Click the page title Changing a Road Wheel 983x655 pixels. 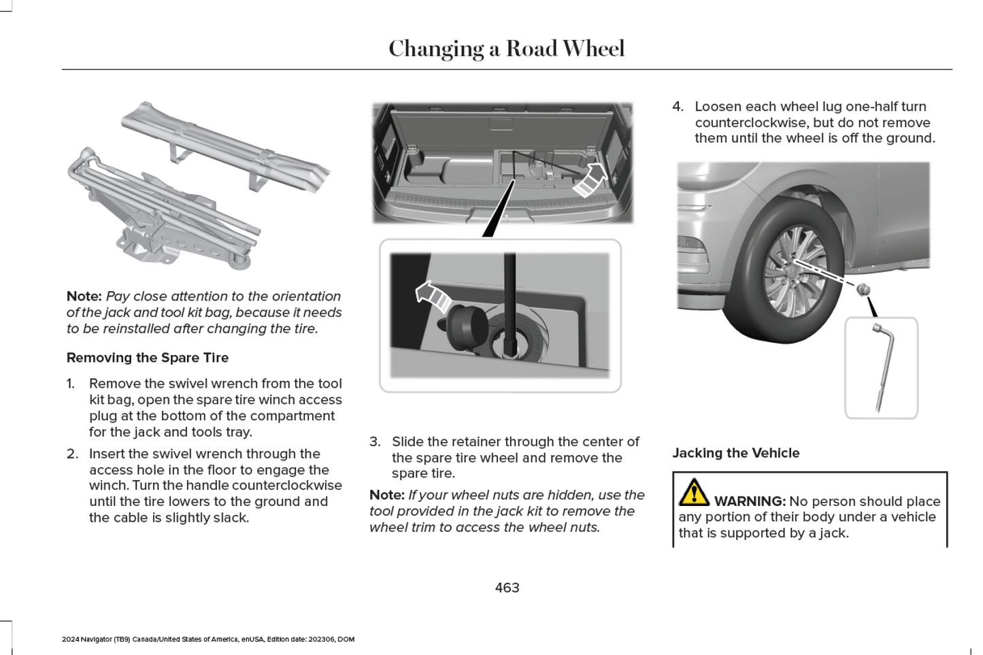(506, 49)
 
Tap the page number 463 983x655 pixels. (507, 588)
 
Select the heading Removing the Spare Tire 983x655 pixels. (148, 358)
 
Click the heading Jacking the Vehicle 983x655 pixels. (735, 453)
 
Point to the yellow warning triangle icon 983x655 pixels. (693, 492)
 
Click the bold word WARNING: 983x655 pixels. (750, 501)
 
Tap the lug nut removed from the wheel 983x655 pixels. (863, 289)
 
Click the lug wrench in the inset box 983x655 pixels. (882, 367)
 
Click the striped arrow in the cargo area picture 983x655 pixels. (591, 179)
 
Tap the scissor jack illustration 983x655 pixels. (163, 211)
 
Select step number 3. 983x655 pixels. (375, 442)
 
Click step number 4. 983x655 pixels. (678, 107)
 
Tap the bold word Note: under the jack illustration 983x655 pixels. (84, 297)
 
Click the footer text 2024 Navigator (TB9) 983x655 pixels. (95, 639)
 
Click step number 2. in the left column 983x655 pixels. (72, 454)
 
